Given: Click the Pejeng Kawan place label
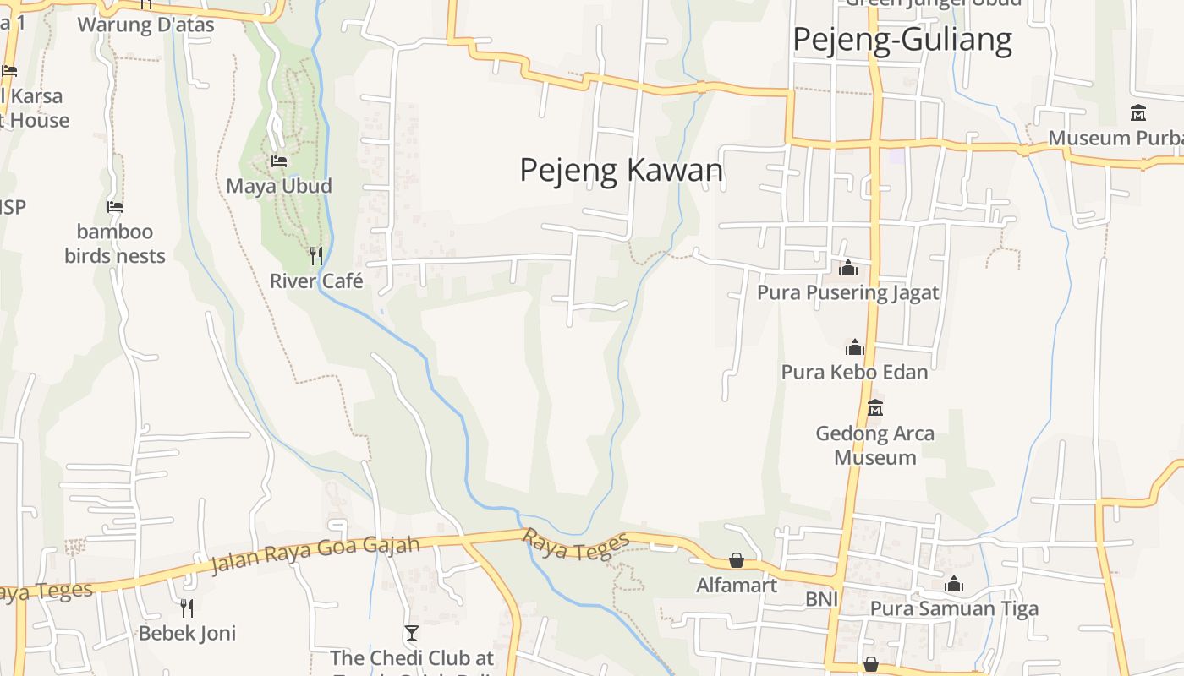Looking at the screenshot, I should click(x=621, y=171).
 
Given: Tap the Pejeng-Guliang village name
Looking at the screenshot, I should click(x=902, y=40).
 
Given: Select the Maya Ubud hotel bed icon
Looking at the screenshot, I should click(x=278, y=161).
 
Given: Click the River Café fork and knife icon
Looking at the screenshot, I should click(x=315, y=255).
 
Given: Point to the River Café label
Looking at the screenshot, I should click(x=316, y=281).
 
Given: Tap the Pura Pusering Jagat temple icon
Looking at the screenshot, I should click(x=847, y=269).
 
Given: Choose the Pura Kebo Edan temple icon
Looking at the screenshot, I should click(x=854, y=347).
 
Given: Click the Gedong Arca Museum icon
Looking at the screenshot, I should click(x=875, y=408).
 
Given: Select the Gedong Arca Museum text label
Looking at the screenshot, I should click(x=875, y=445).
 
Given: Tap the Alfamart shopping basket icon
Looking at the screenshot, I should click(x=737, y=560).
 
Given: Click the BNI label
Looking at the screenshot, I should click(x=821, y=599).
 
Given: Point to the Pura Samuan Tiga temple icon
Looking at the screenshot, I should click(x=954, y=584).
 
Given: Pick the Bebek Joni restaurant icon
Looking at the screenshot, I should click(x=187, y=608).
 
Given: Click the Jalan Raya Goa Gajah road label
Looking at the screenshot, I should click(x=315, y=553).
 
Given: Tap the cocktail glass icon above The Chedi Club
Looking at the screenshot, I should click(x=412, y=632).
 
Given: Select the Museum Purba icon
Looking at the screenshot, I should click(x=1138, y=112).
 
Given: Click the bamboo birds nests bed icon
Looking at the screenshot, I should click(x=115, y=206).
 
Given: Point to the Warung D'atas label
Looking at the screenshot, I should click(x=145, y=25).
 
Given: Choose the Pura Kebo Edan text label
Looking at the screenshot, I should click(x=854, y=372).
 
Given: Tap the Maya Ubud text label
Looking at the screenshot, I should click(x=278, y=186).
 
